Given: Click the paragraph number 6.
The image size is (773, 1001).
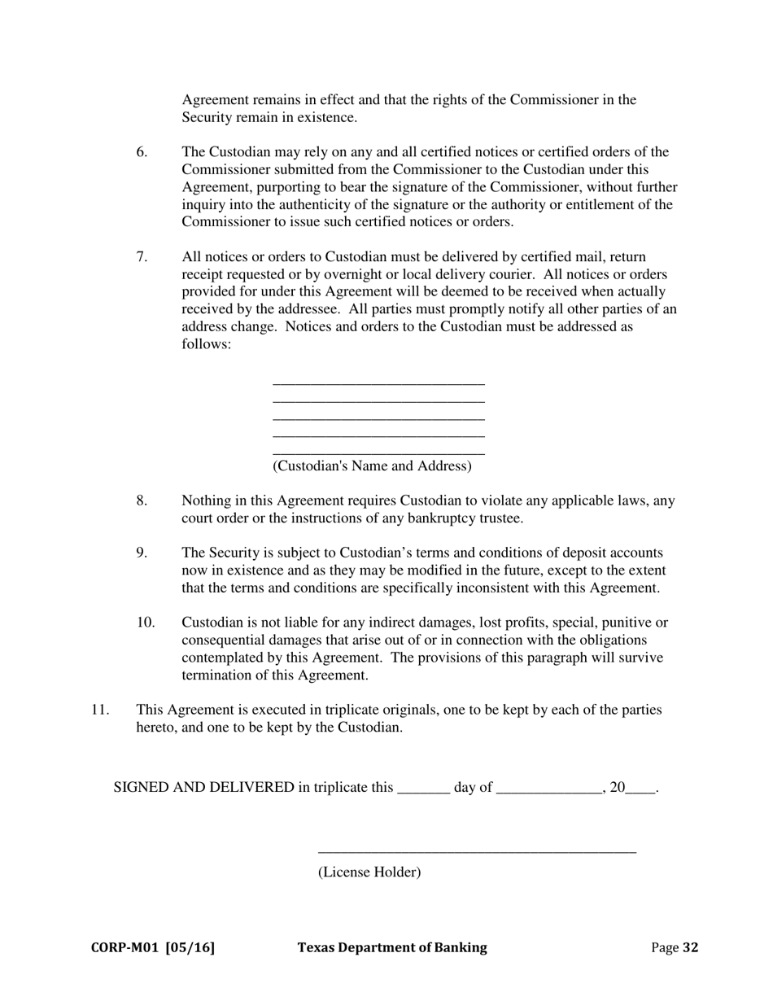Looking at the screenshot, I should tap(142, 152).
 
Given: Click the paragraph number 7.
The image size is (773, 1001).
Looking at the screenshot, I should tap(142, 257).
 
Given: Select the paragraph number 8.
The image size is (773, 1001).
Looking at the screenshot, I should tap(142, 500).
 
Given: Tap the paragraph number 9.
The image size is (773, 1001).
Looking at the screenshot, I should tap(142, 553).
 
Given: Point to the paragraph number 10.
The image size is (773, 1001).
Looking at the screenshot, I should tap(145, 623).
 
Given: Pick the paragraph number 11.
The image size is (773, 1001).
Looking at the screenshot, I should tap(99, 710).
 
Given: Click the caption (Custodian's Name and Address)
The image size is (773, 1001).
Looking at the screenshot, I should tap(372, 466).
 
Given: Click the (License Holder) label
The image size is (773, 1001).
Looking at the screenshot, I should tap(369, 872).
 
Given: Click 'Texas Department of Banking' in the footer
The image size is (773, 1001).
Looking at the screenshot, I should tap(392, 947).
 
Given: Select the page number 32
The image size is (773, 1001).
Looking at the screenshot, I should tap(690, 947).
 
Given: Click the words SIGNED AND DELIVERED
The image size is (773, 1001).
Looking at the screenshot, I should tap(203, 788).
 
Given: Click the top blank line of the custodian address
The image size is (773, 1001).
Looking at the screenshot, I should tap(378, 382).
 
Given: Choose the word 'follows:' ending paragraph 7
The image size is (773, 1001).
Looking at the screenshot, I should tap(207, 344).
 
